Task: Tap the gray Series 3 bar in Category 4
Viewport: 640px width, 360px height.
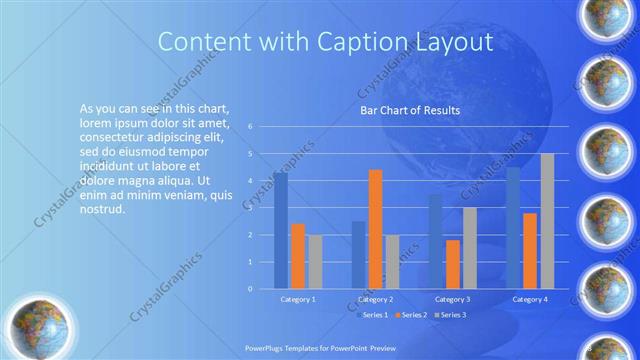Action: click(x=547, y=221)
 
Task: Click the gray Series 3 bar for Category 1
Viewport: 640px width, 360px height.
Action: click(x=315, y=261)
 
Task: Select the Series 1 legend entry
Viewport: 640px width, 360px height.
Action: click(x=372, y=315)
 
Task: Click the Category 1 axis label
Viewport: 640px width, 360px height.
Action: click(x=297, y=299)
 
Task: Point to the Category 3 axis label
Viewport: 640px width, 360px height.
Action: click(x=453, y=299)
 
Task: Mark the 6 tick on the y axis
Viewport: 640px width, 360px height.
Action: click(x=250, y=127)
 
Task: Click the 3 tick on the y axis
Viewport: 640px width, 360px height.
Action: click(x=250, y=208)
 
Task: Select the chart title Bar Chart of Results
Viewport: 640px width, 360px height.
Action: click(x=410, y=110)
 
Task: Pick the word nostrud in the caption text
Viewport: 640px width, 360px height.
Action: click(x=101, y=211)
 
